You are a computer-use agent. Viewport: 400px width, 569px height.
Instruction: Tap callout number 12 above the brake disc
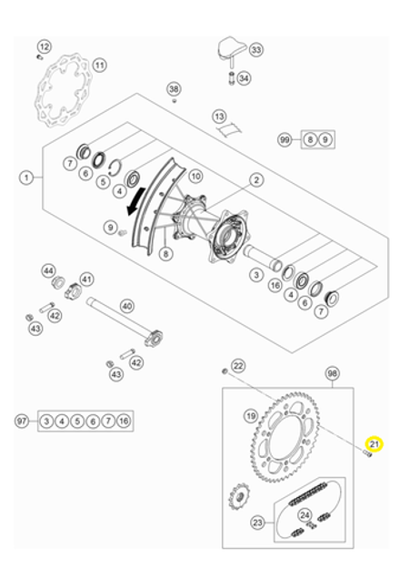(44, 46)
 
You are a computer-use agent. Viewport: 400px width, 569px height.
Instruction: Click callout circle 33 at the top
(255, 49)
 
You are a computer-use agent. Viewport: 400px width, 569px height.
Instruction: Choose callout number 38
(174, 89)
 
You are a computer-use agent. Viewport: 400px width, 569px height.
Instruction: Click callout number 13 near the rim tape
(219, 117)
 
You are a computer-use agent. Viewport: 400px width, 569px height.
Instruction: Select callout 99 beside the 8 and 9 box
(285, 139)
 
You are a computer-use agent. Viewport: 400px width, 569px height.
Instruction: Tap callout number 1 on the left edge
(26, 176)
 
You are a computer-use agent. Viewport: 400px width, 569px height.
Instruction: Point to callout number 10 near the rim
(196, 176)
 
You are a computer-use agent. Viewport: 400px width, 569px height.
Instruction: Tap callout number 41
(87, 279)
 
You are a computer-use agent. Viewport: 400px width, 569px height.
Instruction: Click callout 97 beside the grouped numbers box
(23, 422)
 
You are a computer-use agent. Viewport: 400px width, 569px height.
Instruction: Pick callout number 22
(238, 365)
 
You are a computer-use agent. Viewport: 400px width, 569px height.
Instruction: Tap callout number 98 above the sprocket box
(332, 374)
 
